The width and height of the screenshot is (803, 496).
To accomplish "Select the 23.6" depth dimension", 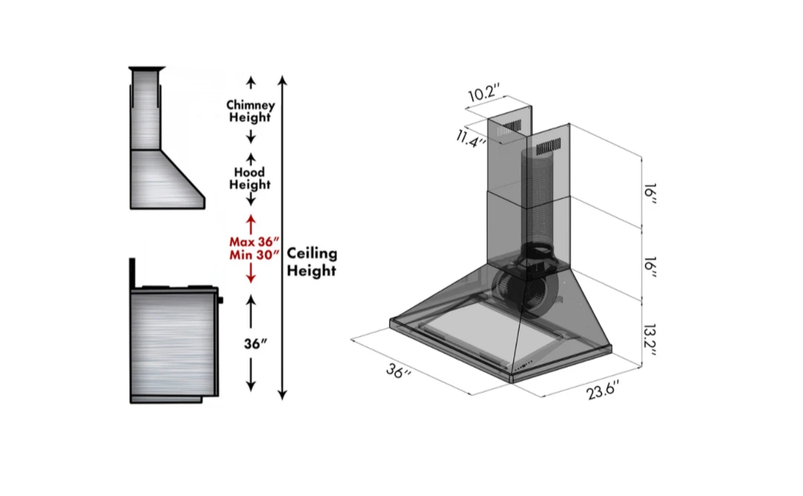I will pyautogui.click(x=602, y=391).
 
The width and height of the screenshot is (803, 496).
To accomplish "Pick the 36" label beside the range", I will pyautogui.click(x=255, y=344).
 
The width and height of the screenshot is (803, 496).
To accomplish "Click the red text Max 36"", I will pyautogui.click(x=254, y=242).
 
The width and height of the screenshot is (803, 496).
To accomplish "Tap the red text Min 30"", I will pyautogui.click(x=254, y=255).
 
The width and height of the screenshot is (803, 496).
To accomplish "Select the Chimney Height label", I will pyautogui.click(x=250, y=111).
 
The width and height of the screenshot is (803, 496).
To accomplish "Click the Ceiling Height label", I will pyautogui.click(x=311, y=262).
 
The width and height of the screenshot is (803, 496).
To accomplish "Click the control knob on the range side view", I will pyautogui.click(x=221, y=301).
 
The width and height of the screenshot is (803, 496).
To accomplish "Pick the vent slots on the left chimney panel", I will pyautogui.click(x=512, y=126).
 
